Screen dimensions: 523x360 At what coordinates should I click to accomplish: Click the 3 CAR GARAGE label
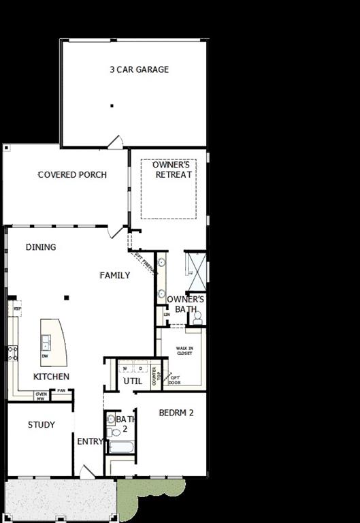point(139,69)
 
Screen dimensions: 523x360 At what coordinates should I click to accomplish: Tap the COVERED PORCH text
point(72,175)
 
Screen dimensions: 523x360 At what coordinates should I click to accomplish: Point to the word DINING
point(41,247)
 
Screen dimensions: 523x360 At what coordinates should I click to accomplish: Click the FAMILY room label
point(115,276)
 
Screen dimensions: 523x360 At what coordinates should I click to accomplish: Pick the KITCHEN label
point(51,377)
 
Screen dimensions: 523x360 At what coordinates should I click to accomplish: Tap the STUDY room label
point(41,425)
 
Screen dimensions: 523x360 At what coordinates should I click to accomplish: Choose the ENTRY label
point(89,441)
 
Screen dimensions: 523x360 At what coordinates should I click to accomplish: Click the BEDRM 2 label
point(177,413)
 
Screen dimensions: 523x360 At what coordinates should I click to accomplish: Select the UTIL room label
point(132,381)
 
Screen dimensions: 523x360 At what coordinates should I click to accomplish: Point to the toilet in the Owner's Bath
point(197,317)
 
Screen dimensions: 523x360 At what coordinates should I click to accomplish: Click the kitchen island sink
point(46,340)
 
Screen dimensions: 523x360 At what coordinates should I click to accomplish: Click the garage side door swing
point(115,142)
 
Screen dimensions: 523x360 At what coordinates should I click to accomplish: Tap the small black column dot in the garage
point(112,106)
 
